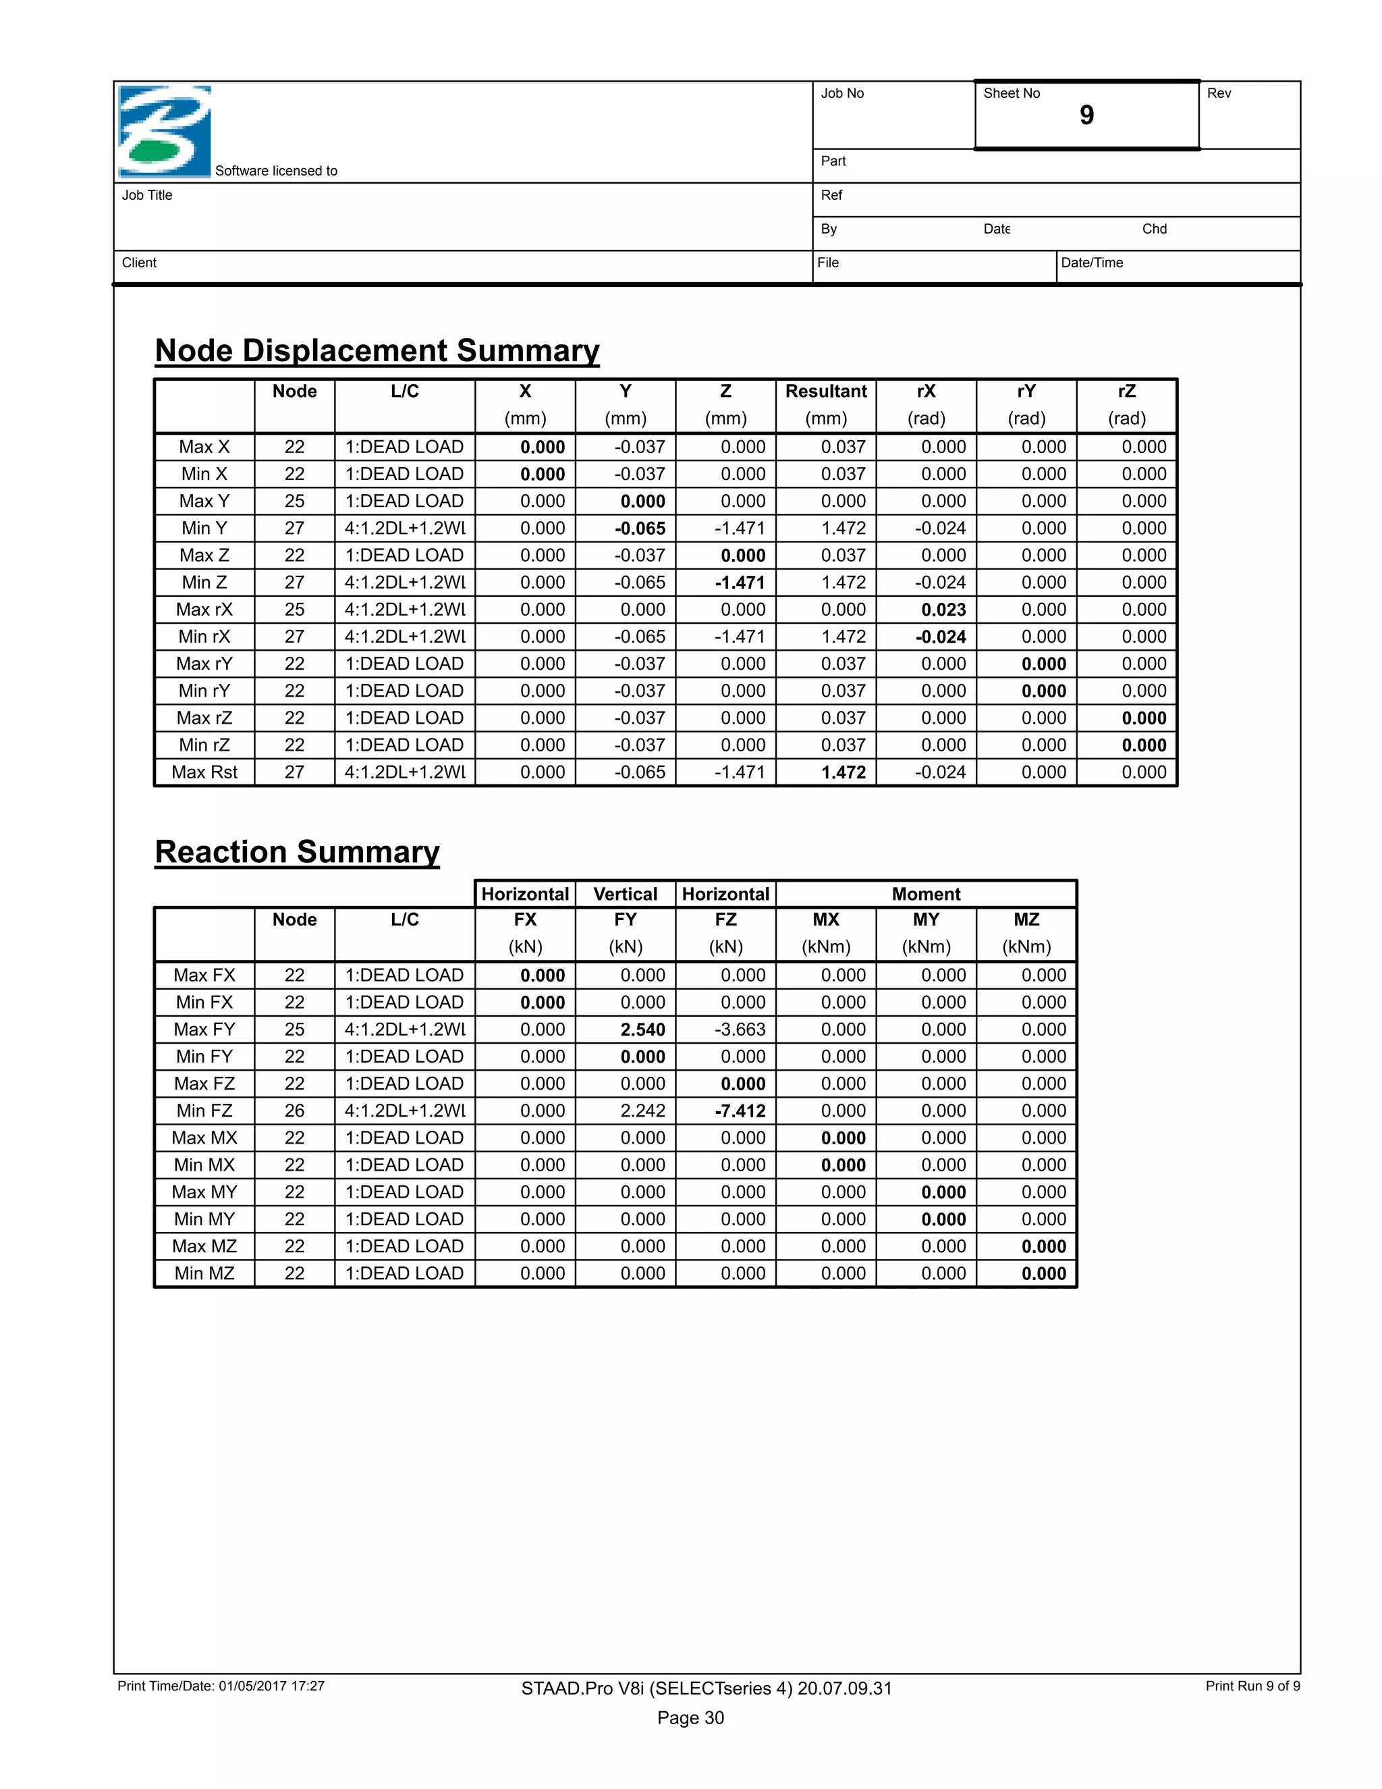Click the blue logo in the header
coord(165,131)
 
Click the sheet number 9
coord(1086,115)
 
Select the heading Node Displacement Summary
coord(377,350)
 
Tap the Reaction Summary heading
coord(297,852)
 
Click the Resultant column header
coord(825,392)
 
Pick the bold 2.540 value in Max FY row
coord(642,1030)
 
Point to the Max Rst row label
coord(204,772)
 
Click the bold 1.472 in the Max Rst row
coord(844,772)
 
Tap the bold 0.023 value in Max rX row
coord(943,610)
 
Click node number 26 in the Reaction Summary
coord(295,1111)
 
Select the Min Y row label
coord(204,529)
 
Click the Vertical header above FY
coord(625,894)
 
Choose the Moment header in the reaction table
coord(926,894)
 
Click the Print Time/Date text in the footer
coord(221,1686)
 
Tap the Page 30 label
coord(690,1717)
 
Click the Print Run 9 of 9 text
coord(1252,1686)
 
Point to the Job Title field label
coord(147,195)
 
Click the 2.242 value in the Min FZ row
coord(642,1111)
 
